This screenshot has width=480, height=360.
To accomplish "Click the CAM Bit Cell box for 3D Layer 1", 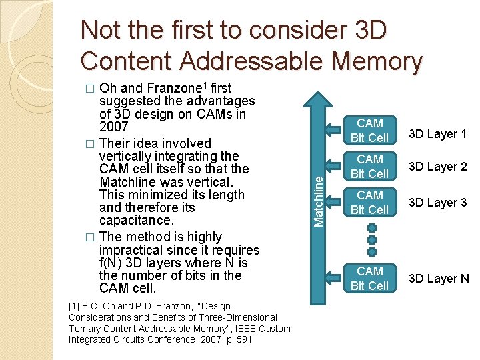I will click(369, 131).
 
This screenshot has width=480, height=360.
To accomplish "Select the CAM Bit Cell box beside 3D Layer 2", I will click(369, 167).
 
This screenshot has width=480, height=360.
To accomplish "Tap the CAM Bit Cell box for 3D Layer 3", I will click(369, 203).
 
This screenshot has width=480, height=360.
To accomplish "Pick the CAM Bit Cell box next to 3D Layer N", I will click(369, 279).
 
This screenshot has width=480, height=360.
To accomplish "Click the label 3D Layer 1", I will click(437, 133).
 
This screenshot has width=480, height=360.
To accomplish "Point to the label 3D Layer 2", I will click(437, 167).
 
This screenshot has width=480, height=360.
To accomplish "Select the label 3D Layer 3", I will click(437, 203).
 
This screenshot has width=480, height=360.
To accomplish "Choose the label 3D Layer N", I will click(438, 279).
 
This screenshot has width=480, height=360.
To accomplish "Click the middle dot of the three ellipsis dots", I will click(372, 240).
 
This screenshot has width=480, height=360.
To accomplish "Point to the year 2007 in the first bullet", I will click(113, 127).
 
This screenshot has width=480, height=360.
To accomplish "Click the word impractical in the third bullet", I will click(131, 249).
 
